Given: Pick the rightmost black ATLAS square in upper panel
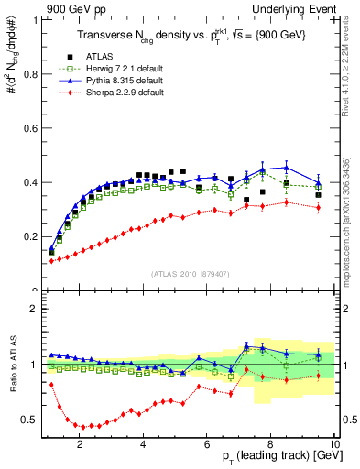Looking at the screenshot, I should click(x=318, y=194).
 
